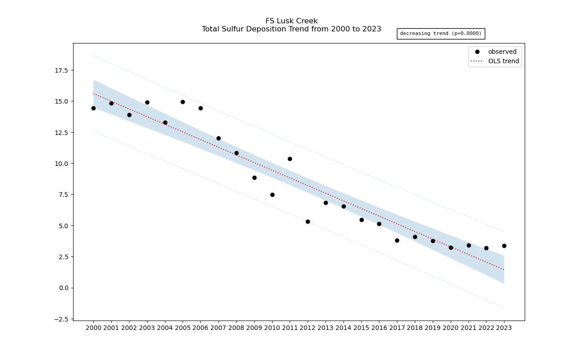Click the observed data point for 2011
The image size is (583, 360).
pos(290,159)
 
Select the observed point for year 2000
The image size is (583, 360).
pos(93,108)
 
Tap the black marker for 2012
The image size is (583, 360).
pos(308,221)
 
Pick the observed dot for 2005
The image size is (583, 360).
pos(183,102)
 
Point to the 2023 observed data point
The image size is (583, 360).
pos(504,246)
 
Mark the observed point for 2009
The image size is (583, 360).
pos(254,178)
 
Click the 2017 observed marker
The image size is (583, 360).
pos(397,240)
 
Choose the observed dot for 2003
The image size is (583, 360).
pos(147,102)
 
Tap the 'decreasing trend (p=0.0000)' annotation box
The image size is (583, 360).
pos(440,34)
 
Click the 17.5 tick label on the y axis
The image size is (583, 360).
pos(61,70)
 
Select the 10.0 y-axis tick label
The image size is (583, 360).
pos(61,164)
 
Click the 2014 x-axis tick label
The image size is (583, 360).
pos(344,328)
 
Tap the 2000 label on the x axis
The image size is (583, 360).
pos(93,328)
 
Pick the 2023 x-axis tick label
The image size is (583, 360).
pos(504,328)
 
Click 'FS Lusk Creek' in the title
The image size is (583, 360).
pos(291,21)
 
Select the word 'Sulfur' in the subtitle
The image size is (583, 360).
pos(238,29)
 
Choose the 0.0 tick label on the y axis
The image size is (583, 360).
pos(63,288)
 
